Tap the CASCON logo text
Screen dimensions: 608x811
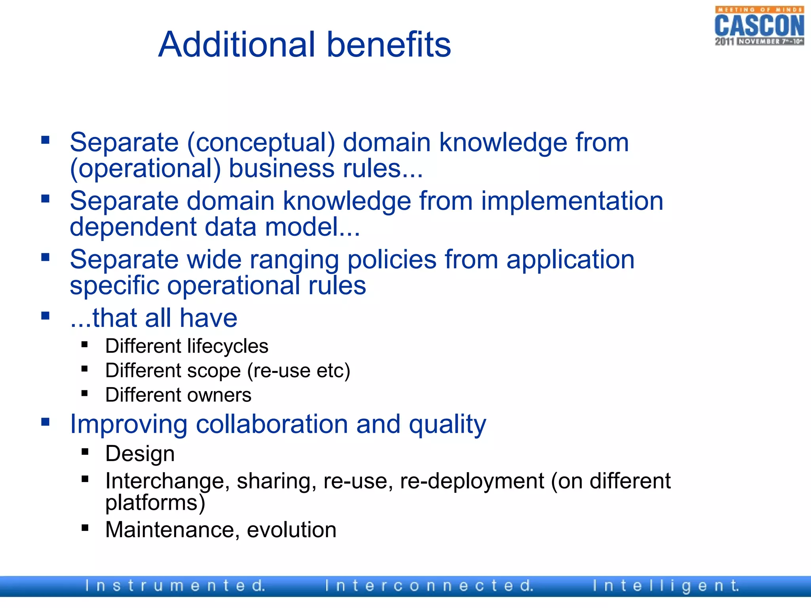(759, 25)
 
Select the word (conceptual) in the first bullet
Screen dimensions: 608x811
(261, 142)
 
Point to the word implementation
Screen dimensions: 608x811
(572, 201)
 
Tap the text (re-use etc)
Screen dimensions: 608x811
(299, 371)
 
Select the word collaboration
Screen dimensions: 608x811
(272, 424)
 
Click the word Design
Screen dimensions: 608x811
(140, 454)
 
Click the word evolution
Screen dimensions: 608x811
(291, 530)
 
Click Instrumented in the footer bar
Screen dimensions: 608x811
(175, 586)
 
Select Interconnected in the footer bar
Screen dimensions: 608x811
(429, 586)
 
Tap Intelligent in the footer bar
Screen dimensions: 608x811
(666, 586)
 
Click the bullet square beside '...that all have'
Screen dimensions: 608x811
(46, 316)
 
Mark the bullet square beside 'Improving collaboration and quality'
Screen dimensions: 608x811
(46, 422)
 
